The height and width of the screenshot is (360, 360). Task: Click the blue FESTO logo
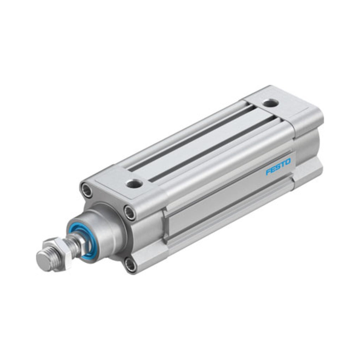click(x=278, y=167)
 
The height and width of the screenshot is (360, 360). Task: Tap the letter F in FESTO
click(x=268, y=172)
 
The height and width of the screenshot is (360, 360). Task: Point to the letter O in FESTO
click(x=288, y=161)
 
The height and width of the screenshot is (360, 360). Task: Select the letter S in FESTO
click(x=278, y=167)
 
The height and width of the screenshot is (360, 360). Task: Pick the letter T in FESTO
click(x=283, y=164)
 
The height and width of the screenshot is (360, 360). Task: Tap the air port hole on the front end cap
click(x=135, y=184)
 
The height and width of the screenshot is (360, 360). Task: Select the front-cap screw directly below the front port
click(x=130, y=212)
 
